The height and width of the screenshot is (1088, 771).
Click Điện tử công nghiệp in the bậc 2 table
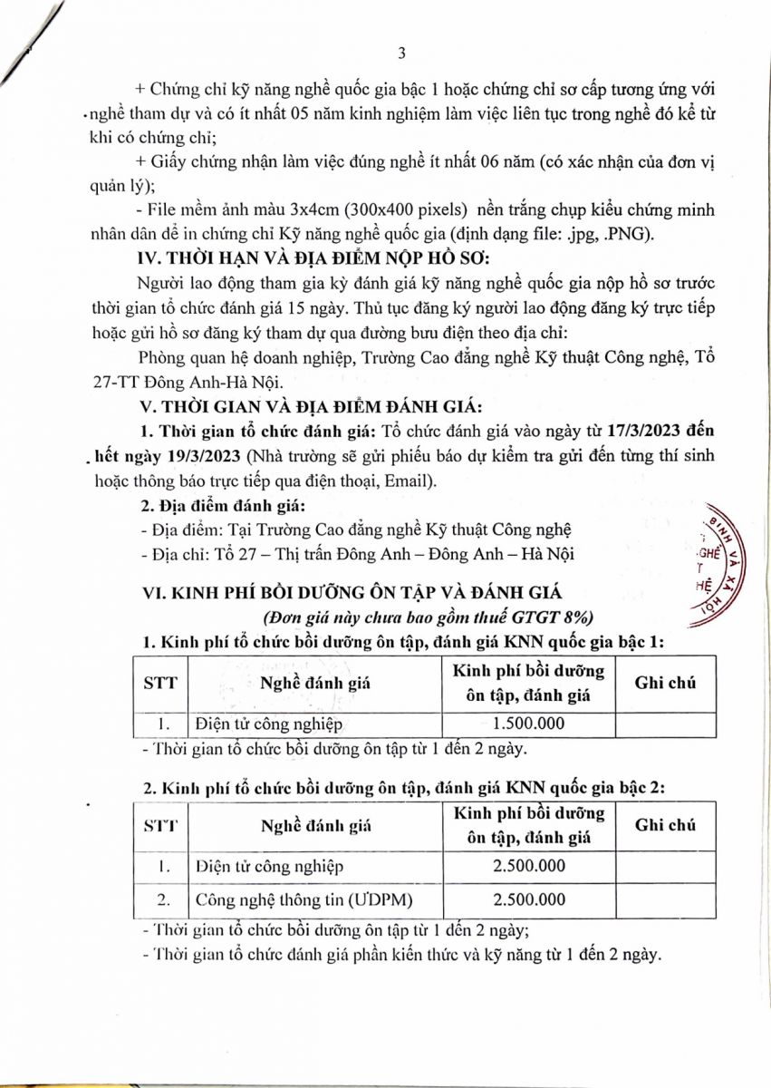(x=270, y=865)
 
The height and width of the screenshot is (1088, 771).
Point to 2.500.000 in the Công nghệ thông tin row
(x=528, y=899)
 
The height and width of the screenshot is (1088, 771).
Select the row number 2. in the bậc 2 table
(x=163, y=899)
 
